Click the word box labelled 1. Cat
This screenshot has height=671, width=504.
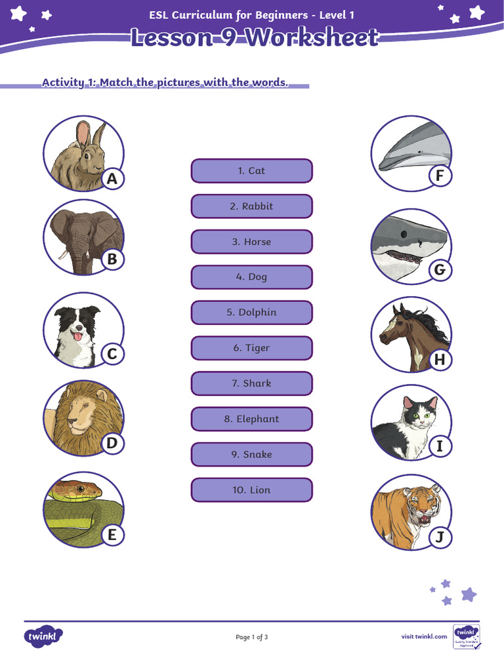coord(251,171)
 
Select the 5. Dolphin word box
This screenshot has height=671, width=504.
coord(251,313)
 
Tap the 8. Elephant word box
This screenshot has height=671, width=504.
coord(251,419)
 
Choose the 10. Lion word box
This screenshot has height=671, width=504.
coord(251,489)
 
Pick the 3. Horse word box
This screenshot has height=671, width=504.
coord(251,242)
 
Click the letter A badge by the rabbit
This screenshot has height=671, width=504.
coord(112,179)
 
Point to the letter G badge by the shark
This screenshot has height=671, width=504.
coord(440,269)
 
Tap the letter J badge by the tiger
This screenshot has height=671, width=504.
coord(440,538)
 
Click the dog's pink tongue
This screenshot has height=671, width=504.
coord(77,336)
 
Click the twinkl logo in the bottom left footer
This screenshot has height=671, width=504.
coord(44,636)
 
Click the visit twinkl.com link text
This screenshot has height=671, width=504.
coord(424,636)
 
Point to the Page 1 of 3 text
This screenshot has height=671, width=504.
coord(251,637)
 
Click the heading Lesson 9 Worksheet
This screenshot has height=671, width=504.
coord(254,37)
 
